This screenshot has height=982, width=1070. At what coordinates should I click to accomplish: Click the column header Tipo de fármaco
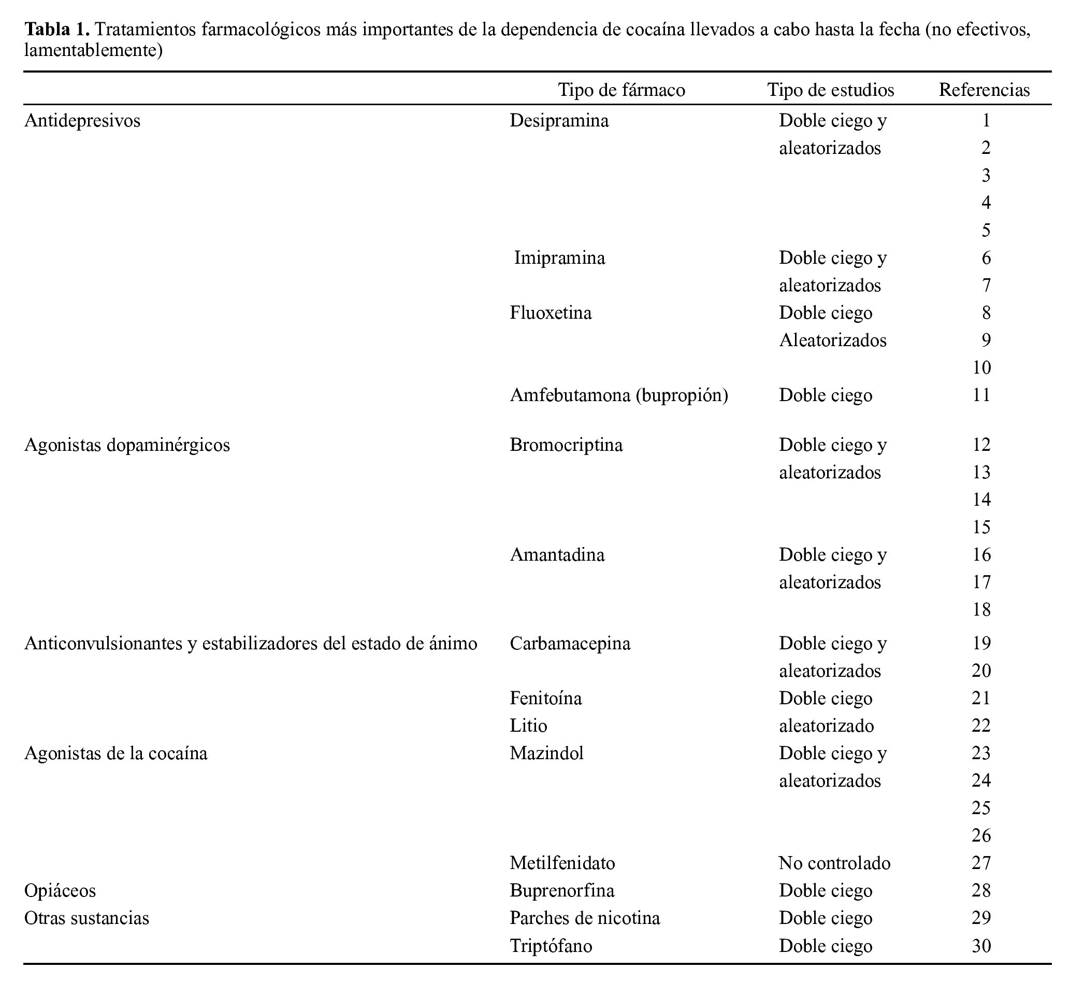621,90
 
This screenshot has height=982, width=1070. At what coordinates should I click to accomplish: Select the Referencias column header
984,90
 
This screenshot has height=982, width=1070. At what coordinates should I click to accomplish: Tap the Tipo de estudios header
830,90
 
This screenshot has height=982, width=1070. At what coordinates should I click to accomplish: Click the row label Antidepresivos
82,121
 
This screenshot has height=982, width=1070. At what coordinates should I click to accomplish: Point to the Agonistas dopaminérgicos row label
127,445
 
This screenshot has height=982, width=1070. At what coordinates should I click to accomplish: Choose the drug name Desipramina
559,121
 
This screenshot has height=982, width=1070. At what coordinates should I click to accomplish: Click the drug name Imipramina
559,258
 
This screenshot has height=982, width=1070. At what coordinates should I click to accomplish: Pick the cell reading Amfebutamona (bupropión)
618,395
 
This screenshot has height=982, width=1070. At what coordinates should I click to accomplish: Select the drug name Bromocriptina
566,445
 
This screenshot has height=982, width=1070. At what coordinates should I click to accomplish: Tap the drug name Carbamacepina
570,644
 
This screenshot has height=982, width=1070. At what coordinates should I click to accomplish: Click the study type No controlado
834,863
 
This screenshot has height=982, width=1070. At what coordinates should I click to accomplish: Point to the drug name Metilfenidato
562,863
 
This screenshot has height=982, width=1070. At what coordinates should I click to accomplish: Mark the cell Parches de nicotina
585,918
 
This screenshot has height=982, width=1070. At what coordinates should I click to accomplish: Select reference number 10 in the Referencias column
981,368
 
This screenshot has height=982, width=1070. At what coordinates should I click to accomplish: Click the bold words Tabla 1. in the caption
57,29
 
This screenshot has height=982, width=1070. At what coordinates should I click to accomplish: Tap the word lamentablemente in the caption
93,50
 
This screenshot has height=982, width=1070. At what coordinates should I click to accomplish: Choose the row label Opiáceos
60,891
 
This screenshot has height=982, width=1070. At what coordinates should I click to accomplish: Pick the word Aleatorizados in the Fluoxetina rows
833,340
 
